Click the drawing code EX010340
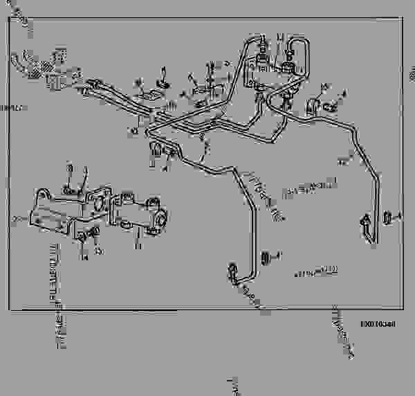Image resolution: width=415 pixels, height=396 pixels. pos(376,323)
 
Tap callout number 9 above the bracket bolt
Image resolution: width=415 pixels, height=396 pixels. pos(70,168)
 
